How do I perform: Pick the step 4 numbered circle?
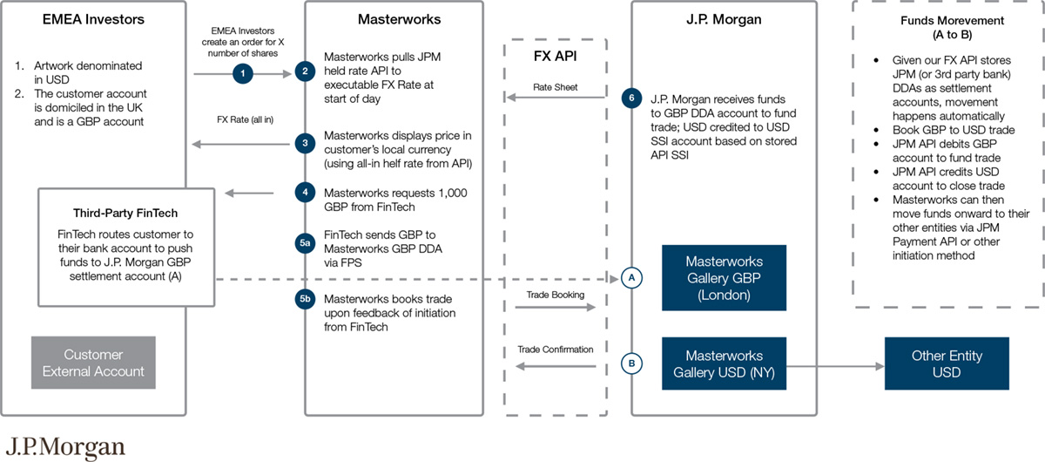click(305, 191)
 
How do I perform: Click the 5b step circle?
click(305, 298)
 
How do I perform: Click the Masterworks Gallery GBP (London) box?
click(724, 278)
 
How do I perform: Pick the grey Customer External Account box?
click(93, 363)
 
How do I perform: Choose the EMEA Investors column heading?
click(93, 18)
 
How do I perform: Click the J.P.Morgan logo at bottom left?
click(68, 446)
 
